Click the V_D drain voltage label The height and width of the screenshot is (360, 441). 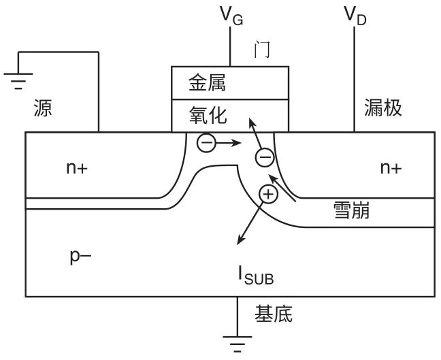[355, 16]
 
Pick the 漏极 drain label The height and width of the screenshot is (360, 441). [384, 108]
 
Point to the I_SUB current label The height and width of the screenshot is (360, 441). [256, 276]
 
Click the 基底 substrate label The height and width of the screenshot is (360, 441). [274, 314]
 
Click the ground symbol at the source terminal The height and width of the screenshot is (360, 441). [19, 80]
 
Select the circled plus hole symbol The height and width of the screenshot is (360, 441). [269, 195]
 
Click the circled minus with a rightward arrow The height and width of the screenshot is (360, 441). [207, 144]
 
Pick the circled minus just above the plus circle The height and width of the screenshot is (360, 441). [264, 158]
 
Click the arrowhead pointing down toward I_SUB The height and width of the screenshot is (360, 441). [238, 242]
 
